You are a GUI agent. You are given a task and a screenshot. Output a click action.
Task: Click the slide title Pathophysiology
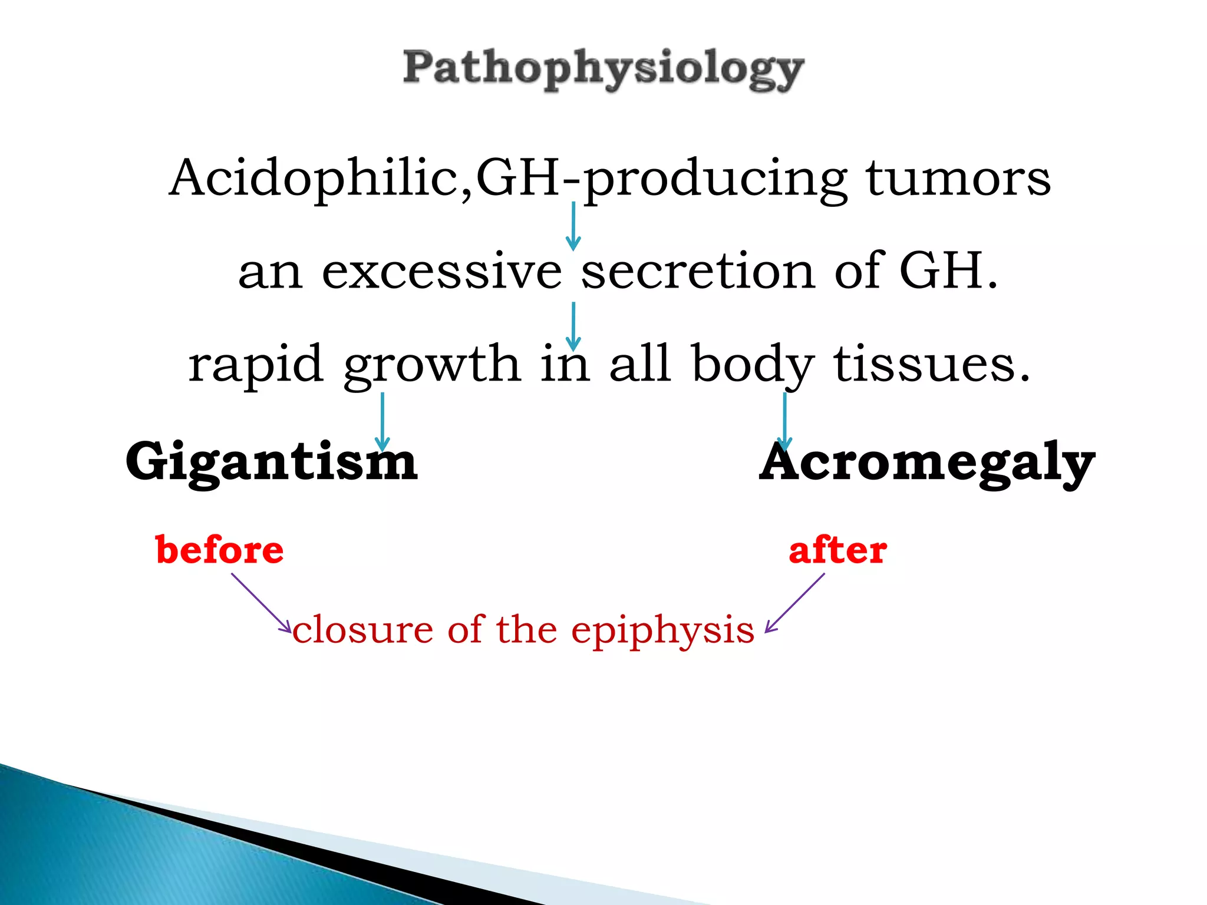603,70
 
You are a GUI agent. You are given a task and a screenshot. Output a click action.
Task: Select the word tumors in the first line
958,179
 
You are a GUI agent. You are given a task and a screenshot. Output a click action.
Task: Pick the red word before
220,550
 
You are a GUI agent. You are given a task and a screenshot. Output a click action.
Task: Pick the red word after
837,550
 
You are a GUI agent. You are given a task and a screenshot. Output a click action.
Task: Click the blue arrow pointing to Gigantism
382,421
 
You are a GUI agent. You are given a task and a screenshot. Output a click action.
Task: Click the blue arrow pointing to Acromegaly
784,421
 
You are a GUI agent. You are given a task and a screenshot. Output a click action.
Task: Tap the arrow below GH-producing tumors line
573,226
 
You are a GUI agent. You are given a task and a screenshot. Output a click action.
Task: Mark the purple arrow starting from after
795,603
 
